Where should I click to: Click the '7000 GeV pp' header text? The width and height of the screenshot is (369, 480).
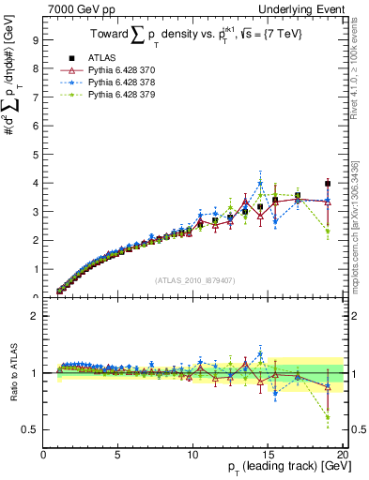pyautogui.click(x=76, y=7)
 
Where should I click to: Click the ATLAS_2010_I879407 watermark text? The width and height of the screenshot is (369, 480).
pyautogui.click(x=194, y=278)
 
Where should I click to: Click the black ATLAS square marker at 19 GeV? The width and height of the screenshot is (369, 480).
pyautogui.click(x=327, y=184)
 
